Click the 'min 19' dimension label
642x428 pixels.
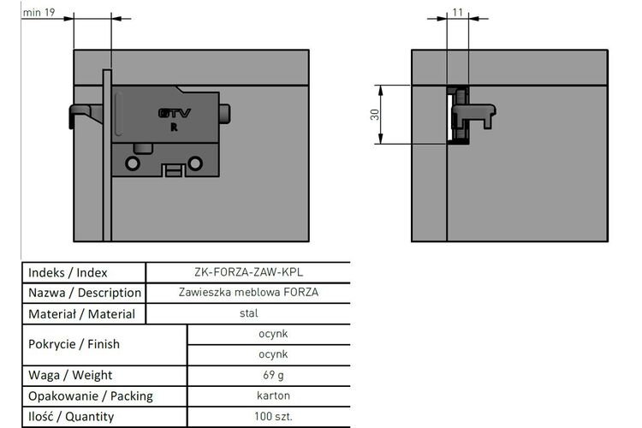coord(39,12)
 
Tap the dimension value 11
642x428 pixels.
coord(458,12)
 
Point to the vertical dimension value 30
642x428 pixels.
coord(375,115)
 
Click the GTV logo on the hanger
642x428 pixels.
coord(175,113)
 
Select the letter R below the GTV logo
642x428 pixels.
coord(174,128)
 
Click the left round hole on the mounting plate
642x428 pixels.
coord(133,163)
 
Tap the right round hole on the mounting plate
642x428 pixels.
coord(195,163)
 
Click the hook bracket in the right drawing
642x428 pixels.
coord(473,116)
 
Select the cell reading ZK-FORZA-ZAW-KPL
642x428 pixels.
coord(249,272)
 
